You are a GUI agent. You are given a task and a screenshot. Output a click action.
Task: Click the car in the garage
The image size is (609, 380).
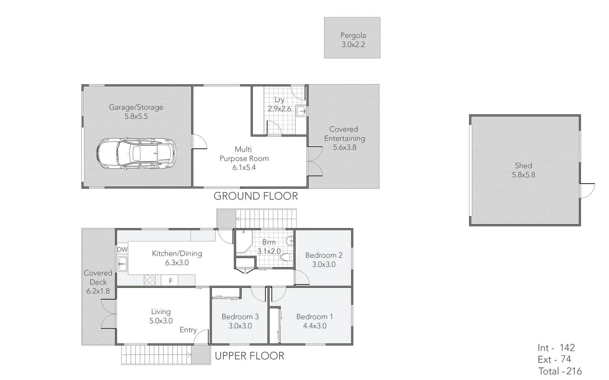click(136, 154)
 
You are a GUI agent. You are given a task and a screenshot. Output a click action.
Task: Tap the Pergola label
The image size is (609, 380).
click(353, 35)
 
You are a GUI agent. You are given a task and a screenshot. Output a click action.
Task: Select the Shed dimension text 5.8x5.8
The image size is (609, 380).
click(523, 175)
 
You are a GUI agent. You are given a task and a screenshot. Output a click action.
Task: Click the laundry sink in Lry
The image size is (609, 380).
click(301, 111)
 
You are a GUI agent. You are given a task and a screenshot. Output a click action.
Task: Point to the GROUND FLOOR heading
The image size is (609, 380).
click(256, 196)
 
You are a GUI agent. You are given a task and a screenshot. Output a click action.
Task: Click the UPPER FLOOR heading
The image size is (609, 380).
click(250, 356)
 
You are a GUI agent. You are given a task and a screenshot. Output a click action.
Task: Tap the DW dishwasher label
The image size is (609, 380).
click(122, 249)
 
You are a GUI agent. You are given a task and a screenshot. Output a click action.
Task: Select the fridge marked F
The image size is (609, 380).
click(171, 281)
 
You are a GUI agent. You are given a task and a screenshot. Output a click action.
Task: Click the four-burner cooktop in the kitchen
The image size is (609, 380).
click(150, 280)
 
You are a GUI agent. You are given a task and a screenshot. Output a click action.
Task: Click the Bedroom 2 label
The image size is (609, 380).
click(324, 255)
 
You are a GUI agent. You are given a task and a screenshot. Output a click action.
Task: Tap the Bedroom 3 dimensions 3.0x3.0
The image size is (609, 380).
click(240, 326)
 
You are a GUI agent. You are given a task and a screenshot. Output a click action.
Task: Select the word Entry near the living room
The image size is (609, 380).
click(188, 330)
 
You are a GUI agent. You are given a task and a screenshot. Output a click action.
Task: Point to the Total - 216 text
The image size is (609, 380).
click(559, 371)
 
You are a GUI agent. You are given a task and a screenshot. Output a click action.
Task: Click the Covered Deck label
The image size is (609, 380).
click(98, 277)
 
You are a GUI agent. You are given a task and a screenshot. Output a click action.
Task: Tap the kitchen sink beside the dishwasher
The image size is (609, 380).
click(122, 264)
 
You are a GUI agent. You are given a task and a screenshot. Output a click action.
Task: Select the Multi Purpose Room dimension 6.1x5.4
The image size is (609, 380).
click(244, 167)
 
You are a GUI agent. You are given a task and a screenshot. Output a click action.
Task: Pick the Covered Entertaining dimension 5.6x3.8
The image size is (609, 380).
click(344, 147)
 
